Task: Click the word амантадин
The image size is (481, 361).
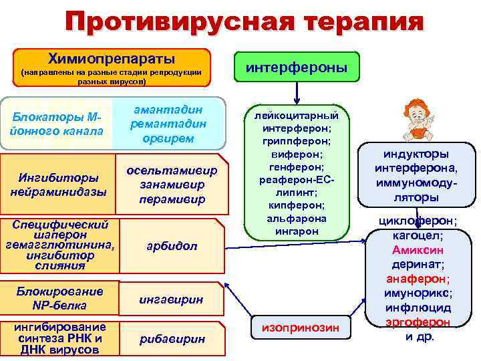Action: [168, 110]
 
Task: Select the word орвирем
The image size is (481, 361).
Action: [168, 138]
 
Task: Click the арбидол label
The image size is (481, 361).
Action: [172, 246]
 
